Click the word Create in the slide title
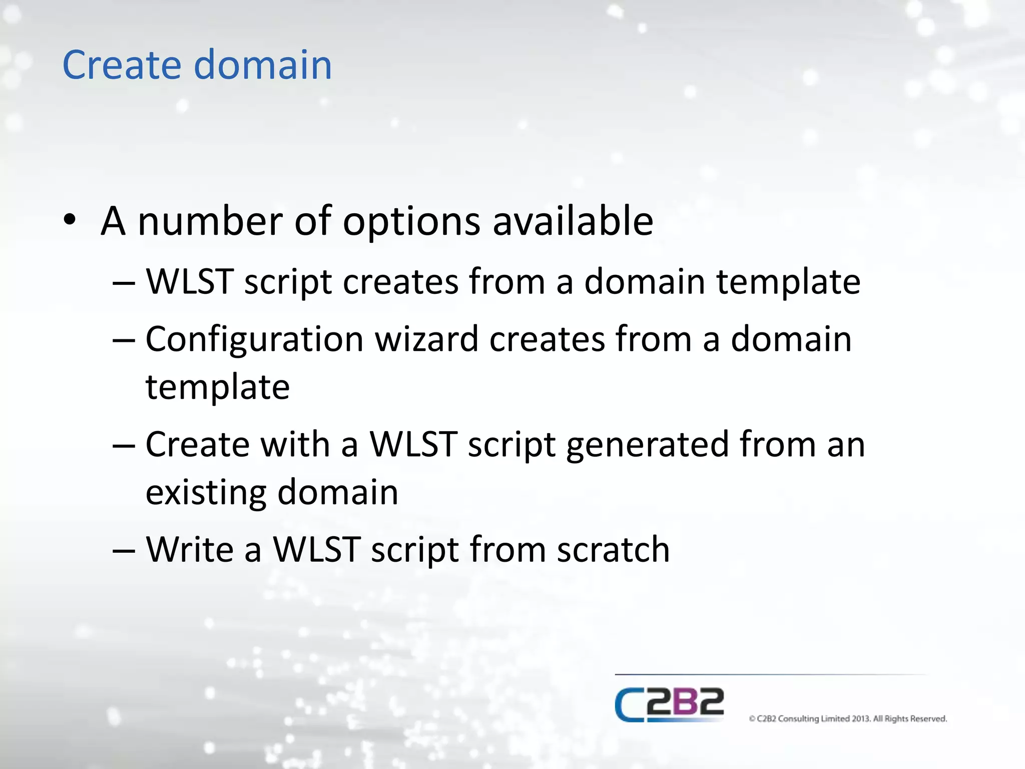[122, 65]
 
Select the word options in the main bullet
[411, 221]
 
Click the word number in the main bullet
[210, 221]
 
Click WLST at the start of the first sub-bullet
[189, 281]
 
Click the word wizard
[426, 339]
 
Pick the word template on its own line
[218, 388]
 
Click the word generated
[648, 445]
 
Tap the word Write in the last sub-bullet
[190, 550]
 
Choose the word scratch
[613, 550]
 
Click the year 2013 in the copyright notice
[861, 719]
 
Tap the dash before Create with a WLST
[124, 446]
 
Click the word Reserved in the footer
[928, 719]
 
